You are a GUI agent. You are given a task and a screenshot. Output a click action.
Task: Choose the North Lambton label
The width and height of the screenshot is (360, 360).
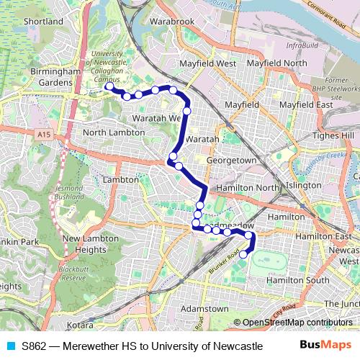[x=114, y=132]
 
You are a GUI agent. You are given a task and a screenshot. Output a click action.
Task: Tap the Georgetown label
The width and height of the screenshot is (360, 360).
[x=231, y=160]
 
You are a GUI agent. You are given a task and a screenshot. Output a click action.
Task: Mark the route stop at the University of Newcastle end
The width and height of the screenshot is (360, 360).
[x=109, y=86]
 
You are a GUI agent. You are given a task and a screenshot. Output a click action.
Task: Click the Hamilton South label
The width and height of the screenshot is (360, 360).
[x=297, y=279]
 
